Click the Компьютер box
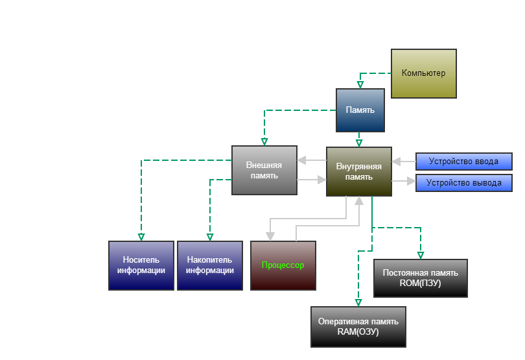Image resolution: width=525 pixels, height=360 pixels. pyautogui.click(x=424, y=73)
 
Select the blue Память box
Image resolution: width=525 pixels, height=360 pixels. pyautogui.click(x=360, y=110)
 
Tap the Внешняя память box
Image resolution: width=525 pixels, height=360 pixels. pyautogui.click(x=264, y=171)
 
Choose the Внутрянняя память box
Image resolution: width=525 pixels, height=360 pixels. pyautogui.click(x=359, y=171)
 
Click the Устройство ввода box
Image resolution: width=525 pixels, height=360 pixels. pyautogui.click(x=463, y=161)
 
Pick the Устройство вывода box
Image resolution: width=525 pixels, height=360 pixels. pyautogui.click(x=463, y=183)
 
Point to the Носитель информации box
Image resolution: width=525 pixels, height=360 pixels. pyautogui.click(x=141, y=265)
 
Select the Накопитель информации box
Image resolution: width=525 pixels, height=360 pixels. pyautogui.click(x=210, y=265)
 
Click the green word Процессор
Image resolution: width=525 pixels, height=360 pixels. pyautogui.click(x=283, y=265)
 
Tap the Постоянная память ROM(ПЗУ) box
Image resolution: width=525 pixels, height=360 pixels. pyautogui.click(x=421, y=278)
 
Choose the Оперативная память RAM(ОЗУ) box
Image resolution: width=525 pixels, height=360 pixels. pyautogui.click(x=358, y=326)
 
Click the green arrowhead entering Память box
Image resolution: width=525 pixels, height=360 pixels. pyautogui.click(x=360, y=84)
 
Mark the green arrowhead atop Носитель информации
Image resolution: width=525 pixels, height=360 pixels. pyautogui.click(x=141, y=237)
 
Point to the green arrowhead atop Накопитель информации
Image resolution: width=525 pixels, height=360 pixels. pyautogui.click(x=210, y=237)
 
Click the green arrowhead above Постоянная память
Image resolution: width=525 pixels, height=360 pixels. pyautogui.click(x=421, y=255)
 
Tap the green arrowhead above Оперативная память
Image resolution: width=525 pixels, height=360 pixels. pyautogui.click(x=358, y=302)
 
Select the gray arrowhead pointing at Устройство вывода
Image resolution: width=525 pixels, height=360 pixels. pyautogui.click(x=411, y=183)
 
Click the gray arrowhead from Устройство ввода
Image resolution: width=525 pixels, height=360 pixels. pyautogui.click(x=396, y=161)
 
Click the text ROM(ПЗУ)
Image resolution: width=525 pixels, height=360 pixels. pyautogui.click(x=421, y=283)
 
